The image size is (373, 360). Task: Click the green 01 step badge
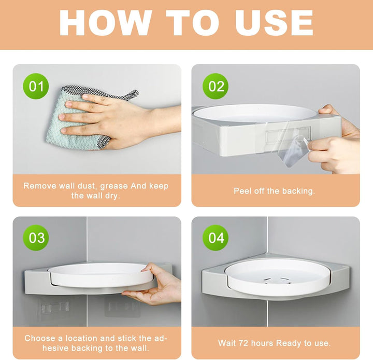(36, 86)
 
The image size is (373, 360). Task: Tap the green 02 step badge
(216, 86)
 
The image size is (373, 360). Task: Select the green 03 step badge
(36, 238)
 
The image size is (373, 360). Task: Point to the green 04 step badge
(216, 238)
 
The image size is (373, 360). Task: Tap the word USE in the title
(274, 23)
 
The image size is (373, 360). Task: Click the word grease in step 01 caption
(114, 186)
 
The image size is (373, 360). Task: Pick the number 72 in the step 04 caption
(243, 343)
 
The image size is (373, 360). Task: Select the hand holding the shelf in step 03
(154, 284)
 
